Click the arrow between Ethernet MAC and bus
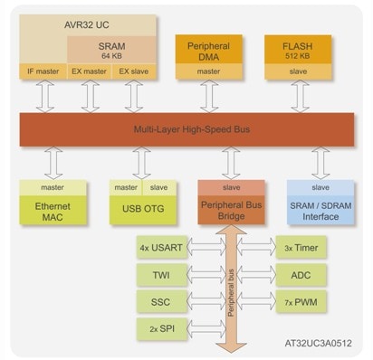53,164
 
